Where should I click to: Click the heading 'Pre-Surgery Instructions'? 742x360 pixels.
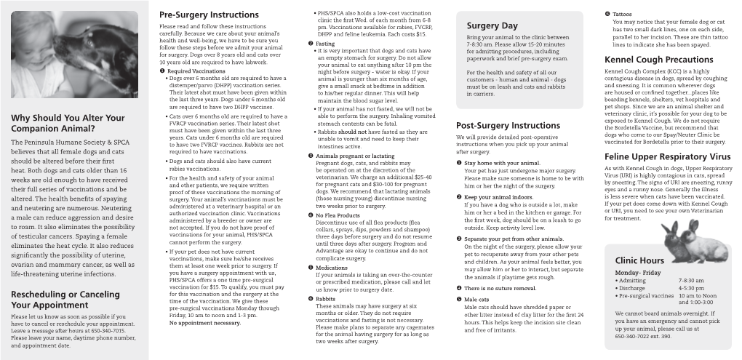click(x=208, y=14)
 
